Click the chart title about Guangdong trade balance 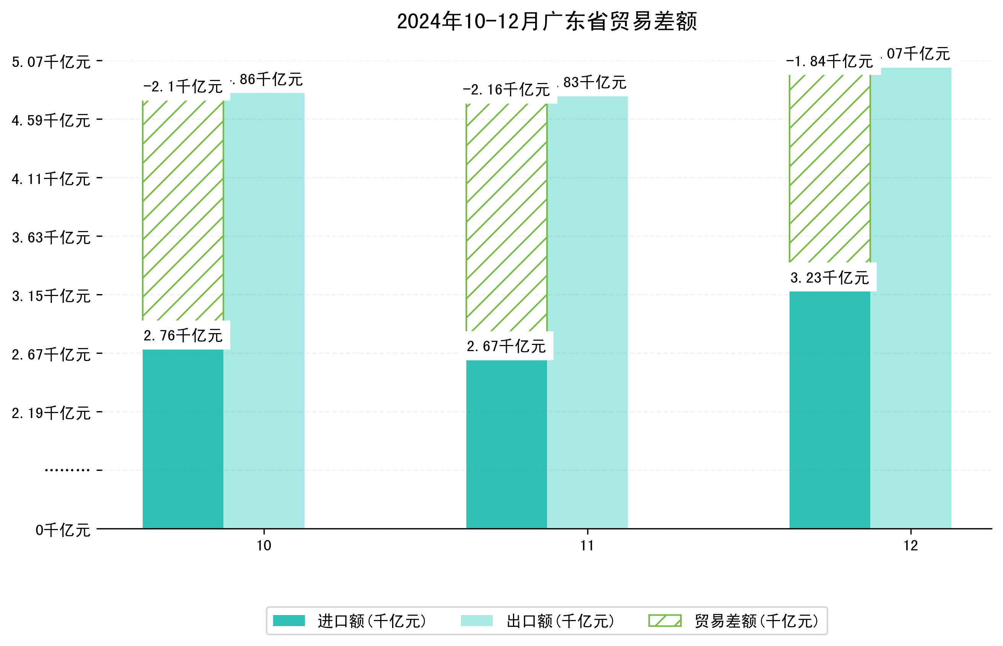pyautogui.click(x=547, y=22)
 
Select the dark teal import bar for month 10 pyautogui.click(x=183, y=438)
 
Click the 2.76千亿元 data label pyautogui.click(x=183, y=335)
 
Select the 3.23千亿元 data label pyautogui.click(x=829, y=278)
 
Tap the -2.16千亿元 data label pyautogui.click(x=506, y=90)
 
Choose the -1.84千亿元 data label pyautogui.click(x=829, y=62)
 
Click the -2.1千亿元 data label pyautogui.click(x=183, y=87)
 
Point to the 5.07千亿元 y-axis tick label pyautogui.click(x=51, y=62)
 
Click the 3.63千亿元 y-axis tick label pyautogui.click(x=51, y=238)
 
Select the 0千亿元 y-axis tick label pyautogui.click(x=63, y=530)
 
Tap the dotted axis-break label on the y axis pyautogui.click(x=67, y=470)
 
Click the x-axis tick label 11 pyautogui.click(x=587, y=546)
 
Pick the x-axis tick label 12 pyautogui.click(x=911, y=546)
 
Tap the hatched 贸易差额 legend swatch pyautogui.click(x=664, y=621)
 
